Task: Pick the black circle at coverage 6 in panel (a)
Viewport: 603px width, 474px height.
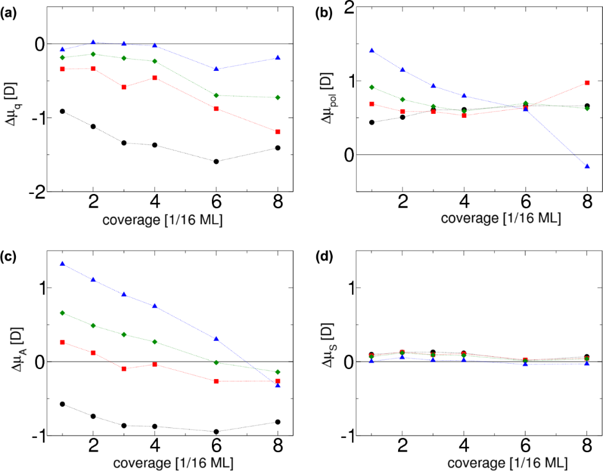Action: pos(216,162)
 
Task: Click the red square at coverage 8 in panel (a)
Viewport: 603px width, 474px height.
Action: pos(277,131)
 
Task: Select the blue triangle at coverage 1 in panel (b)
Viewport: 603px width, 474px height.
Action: pos(372,51)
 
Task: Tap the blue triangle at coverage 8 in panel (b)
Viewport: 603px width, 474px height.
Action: pos(587,167)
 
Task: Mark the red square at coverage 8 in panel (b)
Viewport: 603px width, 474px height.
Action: pos(587,83)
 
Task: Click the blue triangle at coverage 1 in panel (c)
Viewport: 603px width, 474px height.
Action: pos(62,264)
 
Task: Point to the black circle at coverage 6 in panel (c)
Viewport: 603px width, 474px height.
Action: pos(216,432)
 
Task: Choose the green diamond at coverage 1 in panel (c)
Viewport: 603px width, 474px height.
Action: pos(62,312)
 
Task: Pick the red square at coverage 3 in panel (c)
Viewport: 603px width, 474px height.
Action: pos(124,368)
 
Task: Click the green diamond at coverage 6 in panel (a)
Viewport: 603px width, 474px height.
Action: pos(216,96)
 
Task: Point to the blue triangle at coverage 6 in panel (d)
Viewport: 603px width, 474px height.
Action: pos(525,364)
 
